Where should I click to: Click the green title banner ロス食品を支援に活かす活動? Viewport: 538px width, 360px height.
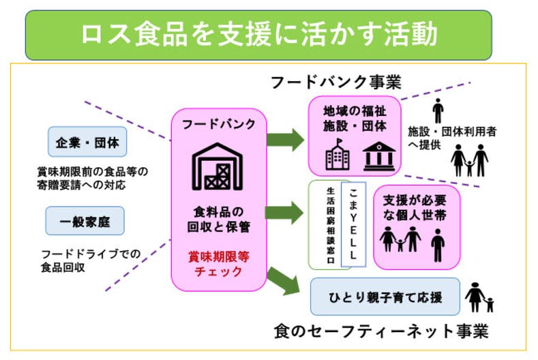[x=258, y=35]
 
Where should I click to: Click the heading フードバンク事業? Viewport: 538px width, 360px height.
[x=336, y=82]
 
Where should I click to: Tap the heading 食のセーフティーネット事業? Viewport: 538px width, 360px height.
[x=381, y=332]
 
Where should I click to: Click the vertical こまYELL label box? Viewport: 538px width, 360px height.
[x=353, y=224]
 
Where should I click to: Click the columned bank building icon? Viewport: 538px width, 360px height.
[x=378, y=156]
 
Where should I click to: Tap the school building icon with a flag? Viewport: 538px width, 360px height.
[x=338, y=155]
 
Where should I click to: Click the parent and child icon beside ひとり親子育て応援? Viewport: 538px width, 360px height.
[x=479, y=297]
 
